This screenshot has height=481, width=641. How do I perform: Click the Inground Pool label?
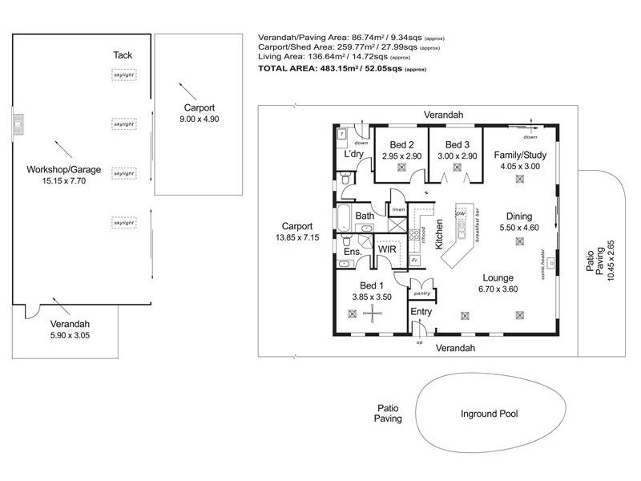tap(489, 414)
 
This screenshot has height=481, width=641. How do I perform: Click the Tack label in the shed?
tap(123, 55)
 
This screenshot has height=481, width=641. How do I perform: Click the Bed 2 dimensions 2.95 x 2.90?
tap(401, 156)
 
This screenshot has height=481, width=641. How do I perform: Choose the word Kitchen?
tap(440, 236)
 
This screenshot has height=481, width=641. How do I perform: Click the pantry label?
tap(421, 293)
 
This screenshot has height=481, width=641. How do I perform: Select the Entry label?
tap(421, 311)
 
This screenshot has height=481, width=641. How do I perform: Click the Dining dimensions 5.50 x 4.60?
tap(519, 228)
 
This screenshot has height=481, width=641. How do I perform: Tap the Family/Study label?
tap(520, 156)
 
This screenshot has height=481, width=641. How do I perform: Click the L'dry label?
tap(354, 154)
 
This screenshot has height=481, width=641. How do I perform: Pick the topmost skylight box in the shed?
tap(123, 75)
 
